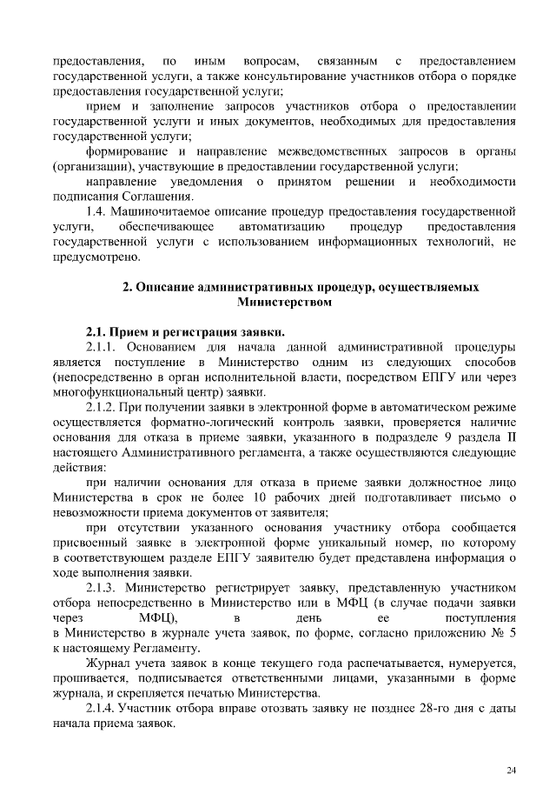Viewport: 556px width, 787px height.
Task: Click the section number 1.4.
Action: point(99,211)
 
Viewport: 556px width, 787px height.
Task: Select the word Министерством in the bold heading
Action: point(284,302)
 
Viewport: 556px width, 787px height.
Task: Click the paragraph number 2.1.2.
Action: point(105,406)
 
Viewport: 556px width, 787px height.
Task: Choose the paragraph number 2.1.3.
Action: point(105,587)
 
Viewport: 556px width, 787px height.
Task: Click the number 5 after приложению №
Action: point(513,633)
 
